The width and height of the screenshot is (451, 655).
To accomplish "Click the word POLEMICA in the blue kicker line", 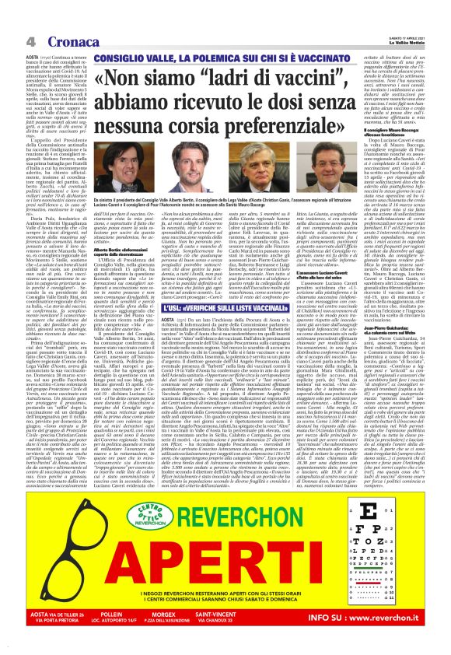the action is point(202,58).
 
